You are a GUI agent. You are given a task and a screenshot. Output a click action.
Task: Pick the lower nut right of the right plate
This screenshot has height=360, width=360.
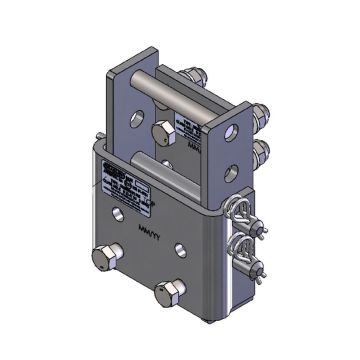[263, 150]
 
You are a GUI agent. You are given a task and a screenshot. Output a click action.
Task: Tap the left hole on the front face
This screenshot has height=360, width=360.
[123, 214]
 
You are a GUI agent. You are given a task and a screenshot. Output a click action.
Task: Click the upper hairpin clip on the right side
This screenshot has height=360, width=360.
[244, 212]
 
